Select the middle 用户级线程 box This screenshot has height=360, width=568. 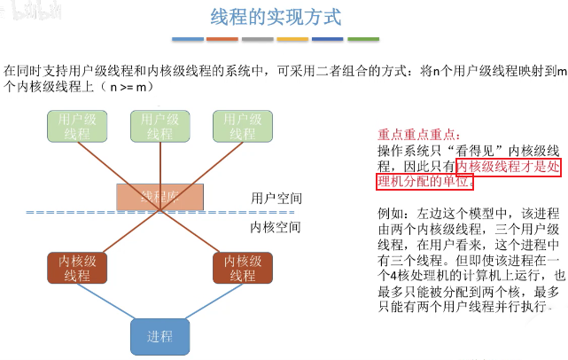tap(159, 126)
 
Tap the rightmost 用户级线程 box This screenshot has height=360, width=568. tap(242, 126)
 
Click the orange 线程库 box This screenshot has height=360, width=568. tap(160, 196)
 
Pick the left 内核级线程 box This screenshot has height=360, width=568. tap(77, 243)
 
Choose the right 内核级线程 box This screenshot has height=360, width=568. tap(241, 243)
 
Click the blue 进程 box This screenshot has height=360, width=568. tap(159, 336)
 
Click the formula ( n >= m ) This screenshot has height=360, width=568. tap(126, 87)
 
